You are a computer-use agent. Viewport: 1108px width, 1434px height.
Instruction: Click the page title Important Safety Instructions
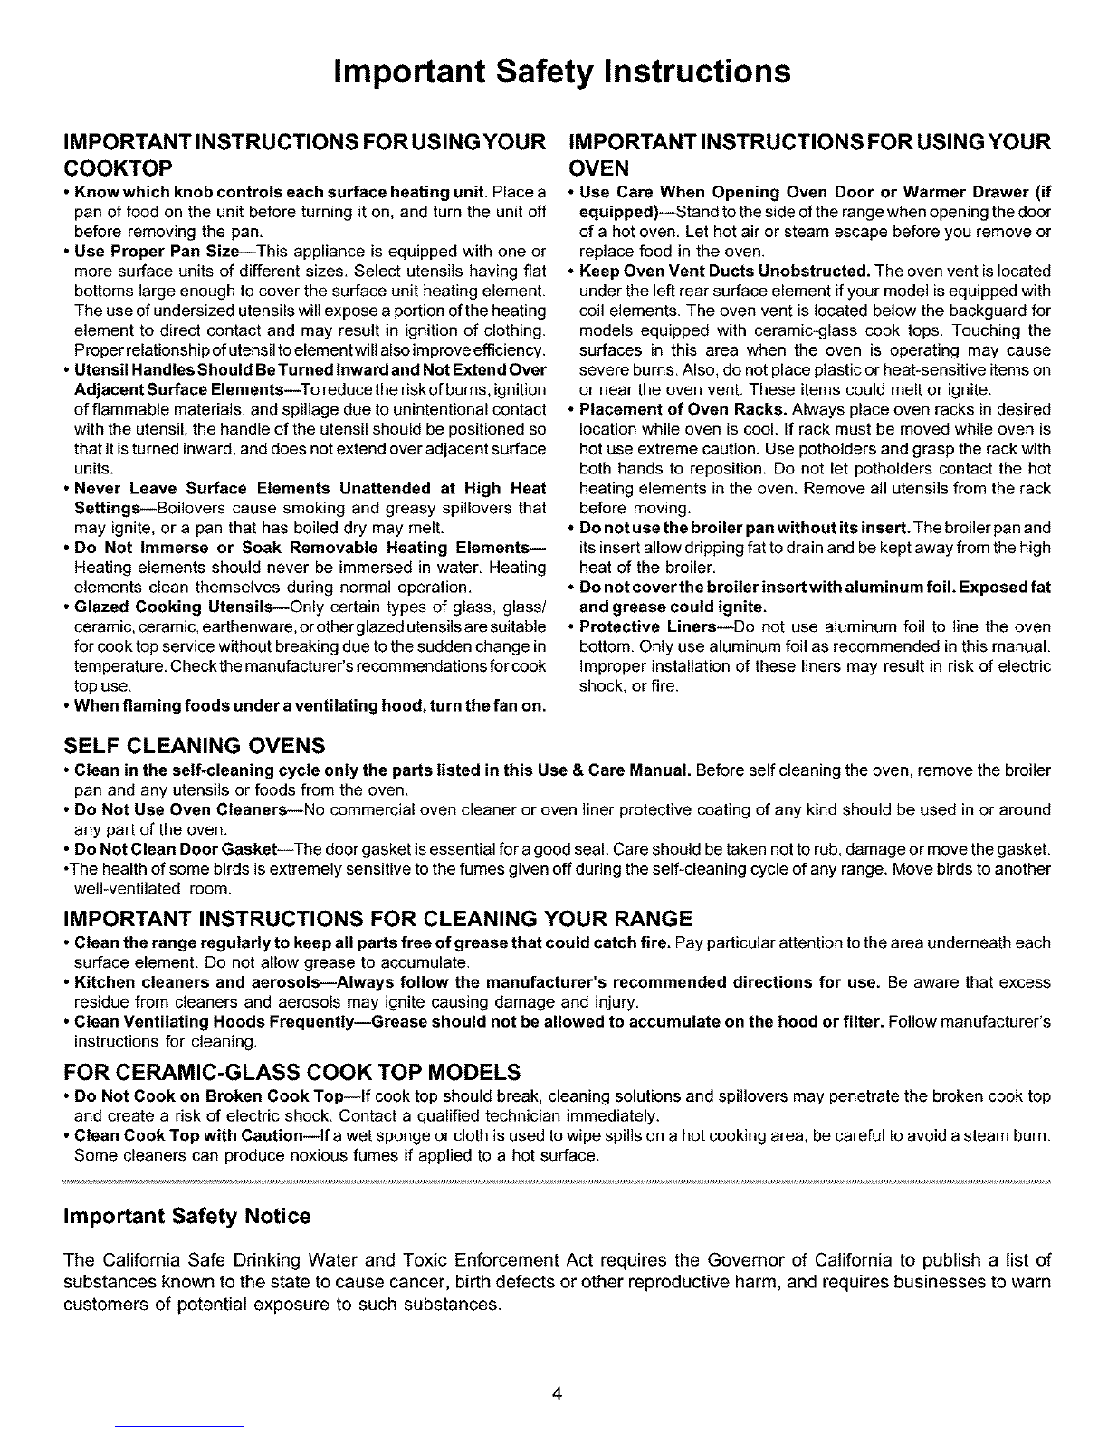[562, 72]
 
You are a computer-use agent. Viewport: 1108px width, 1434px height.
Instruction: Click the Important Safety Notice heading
[186, 1216]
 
